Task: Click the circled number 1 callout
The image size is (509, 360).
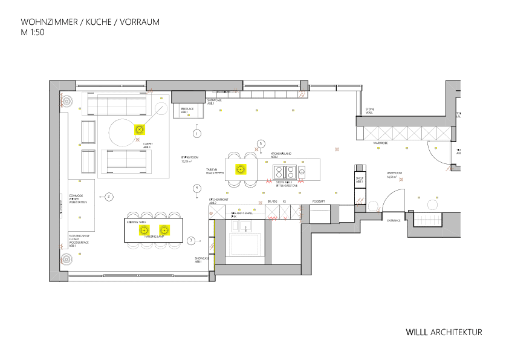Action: tap(196, 133)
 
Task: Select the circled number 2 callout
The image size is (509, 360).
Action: tap(109, 196)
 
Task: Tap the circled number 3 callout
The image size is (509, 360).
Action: tap(191, 240)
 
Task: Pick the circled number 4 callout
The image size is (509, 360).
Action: tap(196, 188)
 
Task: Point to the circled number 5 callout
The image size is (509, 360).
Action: tap(261, 143)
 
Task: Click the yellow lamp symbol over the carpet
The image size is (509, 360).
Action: tap(139, 129)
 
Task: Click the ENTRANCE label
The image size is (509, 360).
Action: tap(394, 221)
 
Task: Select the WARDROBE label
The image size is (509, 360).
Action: tap(380, 143)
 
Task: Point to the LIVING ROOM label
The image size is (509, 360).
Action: tap(186, 159)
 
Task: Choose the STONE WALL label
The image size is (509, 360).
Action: tap(369, 111)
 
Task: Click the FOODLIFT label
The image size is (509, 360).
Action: tap(319, 201)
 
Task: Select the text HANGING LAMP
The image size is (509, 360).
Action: tap(154, 237)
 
